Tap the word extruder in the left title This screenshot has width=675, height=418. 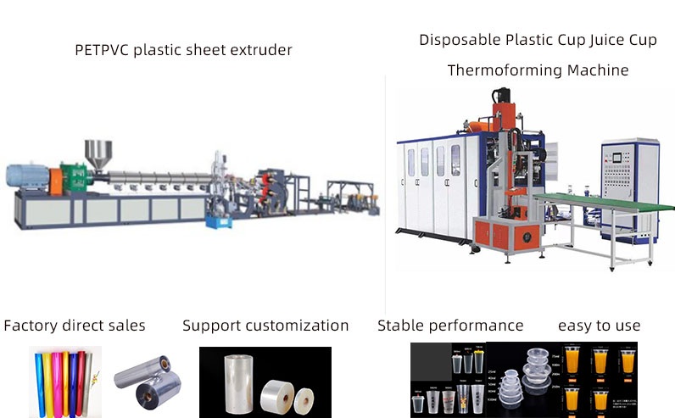point(259,50)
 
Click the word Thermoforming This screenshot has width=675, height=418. point(495,70)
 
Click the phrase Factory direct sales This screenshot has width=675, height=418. point(75,326)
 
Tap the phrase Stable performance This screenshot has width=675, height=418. point(450,326)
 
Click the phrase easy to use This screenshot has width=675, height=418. point(599,326)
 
